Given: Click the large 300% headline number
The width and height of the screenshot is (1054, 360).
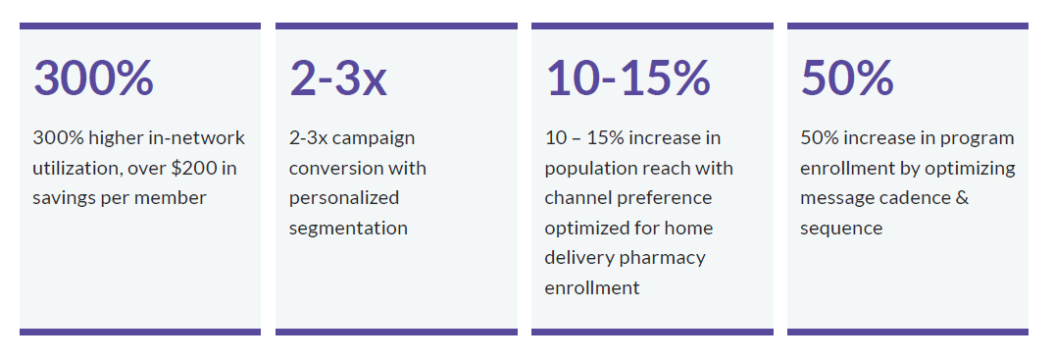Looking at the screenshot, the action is [93, 78].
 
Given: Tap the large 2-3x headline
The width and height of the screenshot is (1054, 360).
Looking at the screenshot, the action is [338, 78].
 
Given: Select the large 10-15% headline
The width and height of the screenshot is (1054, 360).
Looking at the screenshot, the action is [627, 78].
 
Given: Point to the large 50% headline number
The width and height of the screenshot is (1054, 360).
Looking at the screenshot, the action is [847, 78].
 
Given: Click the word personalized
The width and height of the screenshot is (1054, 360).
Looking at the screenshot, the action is [344, 198].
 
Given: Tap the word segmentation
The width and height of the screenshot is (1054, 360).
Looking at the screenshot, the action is [348, 229].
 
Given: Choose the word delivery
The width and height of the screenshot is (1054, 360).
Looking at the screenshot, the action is [578, 258].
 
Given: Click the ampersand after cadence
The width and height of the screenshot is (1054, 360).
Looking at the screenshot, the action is [962, 198].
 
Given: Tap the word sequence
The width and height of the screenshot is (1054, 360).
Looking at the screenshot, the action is [841, 229].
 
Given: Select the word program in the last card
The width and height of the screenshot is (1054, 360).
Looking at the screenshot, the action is [979, 139].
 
